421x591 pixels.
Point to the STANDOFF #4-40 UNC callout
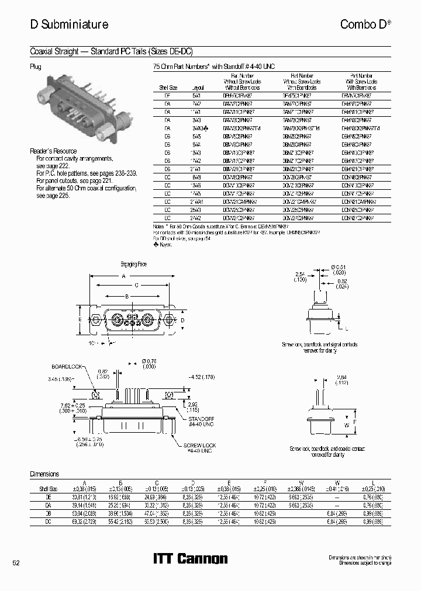click(202, 422)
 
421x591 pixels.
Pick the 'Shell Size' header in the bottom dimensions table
click(48, 488)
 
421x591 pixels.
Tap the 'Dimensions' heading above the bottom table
click(44, 474)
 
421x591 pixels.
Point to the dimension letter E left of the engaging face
click(80, 319)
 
